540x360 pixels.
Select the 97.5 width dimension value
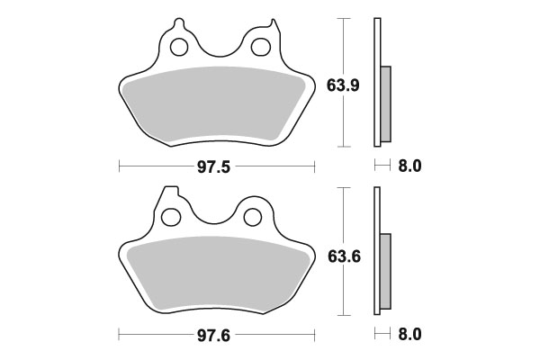[217, 166]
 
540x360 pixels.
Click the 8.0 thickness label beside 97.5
[410, 166]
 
